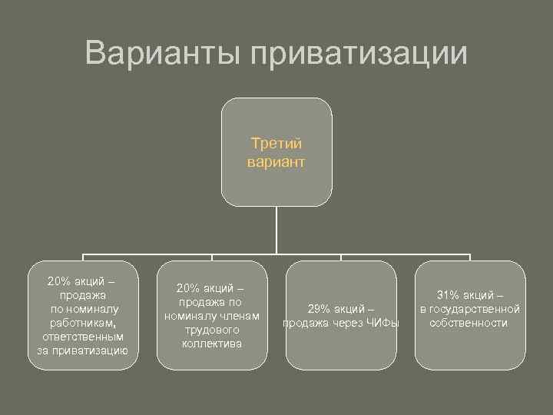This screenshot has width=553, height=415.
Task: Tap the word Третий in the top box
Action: point(276,144)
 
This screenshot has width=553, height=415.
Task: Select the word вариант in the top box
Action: point(276,162)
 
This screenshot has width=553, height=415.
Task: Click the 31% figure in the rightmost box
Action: point(449,295)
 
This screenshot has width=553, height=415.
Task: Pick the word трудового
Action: point(212,330)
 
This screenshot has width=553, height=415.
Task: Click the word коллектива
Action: point(212,344)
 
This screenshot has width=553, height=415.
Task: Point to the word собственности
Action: point(469,323)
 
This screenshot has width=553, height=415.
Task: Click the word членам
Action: point(239,316)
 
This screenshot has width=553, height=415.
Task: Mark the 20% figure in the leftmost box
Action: point(59,281)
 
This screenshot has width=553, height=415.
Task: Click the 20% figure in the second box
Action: point(189,288)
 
